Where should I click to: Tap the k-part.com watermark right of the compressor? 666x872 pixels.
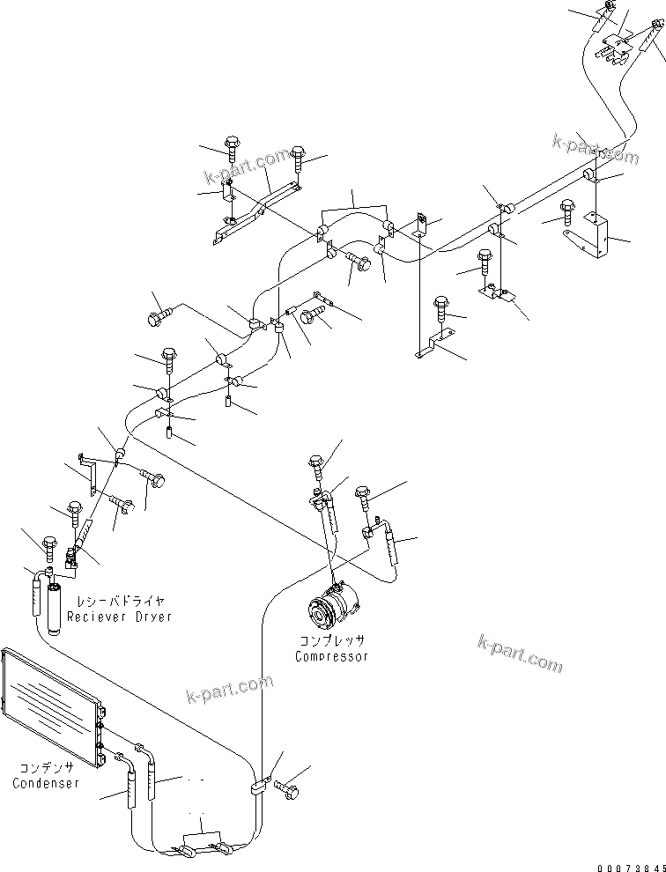coord(521,653)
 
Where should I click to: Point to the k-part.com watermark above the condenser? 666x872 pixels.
coord(231,691)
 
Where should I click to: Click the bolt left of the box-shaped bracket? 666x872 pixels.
coord(567,211)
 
